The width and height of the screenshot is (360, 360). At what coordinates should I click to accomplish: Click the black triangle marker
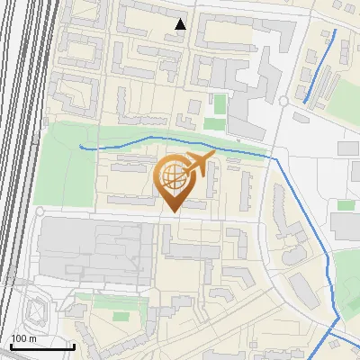(x=181, y=24)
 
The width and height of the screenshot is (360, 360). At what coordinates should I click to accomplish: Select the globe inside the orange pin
(x=175, y=181)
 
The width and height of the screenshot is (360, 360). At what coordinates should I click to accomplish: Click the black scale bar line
(x=41, y=346)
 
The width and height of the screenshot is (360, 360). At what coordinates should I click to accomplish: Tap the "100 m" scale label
(x=24, y=337)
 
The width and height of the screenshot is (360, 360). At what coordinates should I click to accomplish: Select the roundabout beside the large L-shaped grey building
(x=283, y=101)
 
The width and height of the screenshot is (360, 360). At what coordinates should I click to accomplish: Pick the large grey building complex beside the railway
(x=90, y=247)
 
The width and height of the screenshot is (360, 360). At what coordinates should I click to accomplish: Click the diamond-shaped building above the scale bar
(x=36, y=310)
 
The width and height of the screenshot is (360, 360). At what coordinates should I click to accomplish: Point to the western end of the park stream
(x=81, y=146)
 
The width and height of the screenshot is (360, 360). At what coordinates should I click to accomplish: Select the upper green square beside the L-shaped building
(x=219, y=103)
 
